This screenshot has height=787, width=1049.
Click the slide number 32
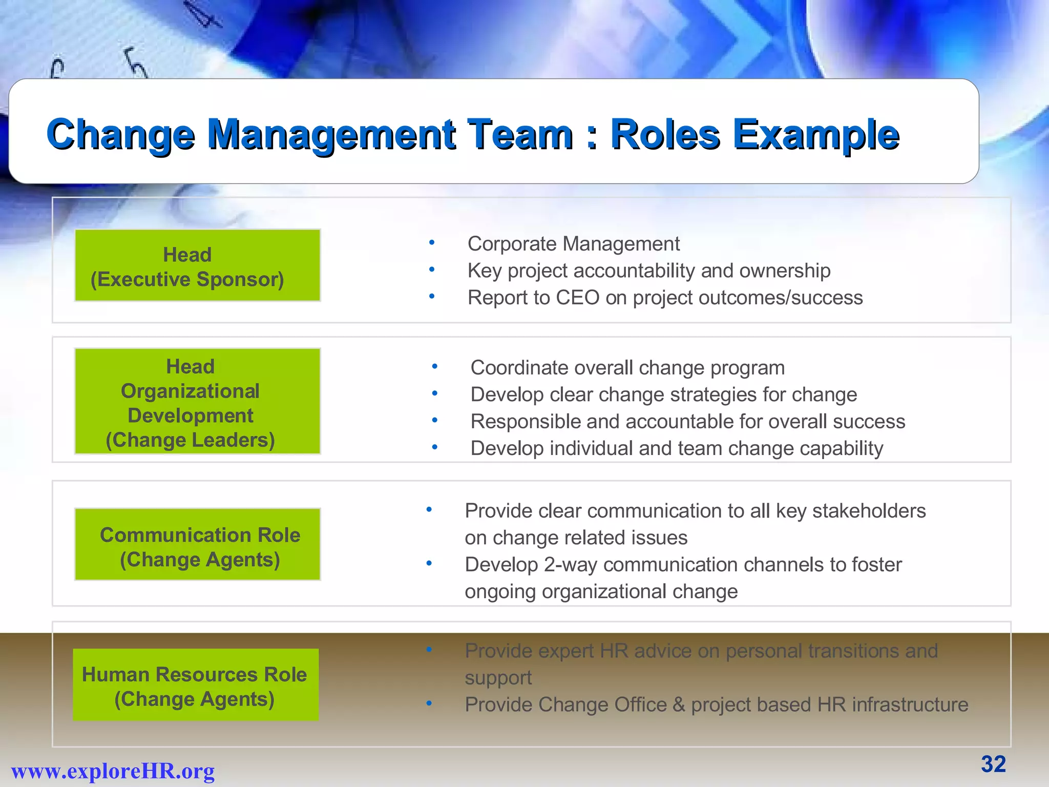[993, 764]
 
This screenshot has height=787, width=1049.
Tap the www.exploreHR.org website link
[113, 771]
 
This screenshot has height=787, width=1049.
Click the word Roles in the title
[665, 134]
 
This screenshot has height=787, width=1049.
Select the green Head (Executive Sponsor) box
[198, 265]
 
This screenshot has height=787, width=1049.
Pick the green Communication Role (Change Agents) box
[198, 545]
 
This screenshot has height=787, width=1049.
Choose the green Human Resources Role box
[196, 685]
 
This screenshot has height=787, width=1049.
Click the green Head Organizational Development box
[198, 401]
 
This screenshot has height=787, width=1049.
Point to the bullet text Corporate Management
[573, 244]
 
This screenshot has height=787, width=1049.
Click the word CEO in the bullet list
[577, 298]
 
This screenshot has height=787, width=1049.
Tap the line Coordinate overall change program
[627, 368]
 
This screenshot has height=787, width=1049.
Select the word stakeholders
[869, 511]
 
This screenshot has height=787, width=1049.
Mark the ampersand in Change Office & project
[679, 705]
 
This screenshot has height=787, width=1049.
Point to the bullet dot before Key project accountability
[432, 270]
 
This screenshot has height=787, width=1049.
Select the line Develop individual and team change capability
[677, 448]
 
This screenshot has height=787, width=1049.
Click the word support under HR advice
[498, 678]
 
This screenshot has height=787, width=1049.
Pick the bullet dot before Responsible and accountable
[434, 421]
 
